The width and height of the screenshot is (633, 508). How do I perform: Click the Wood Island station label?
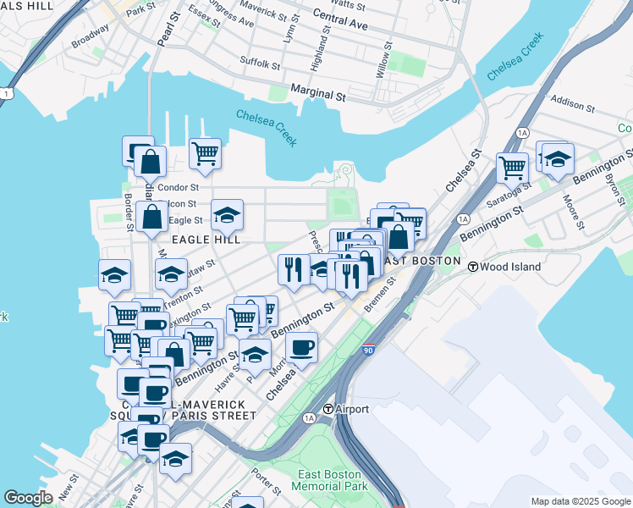click(x=509, y=266)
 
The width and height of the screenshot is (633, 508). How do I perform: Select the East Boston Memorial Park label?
click(x=326, y=480)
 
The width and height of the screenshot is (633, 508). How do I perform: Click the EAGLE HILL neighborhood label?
click(x=202, y=240)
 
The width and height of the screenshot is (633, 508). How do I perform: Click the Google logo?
click(x=28, y=498)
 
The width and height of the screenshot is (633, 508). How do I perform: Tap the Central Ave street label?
click(x=340, y=20)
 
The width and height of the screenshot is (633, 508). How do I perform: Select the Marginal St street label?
click(x=318, y=89)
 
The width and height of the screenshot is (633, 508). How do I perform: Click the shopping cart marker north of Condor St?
click(x=205, y=155)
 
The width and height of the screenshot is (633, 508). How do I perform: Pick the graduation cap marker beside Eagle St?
click(x=226, y=216)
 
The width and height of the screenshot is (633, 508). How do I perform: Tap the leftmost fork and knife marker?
click(x=293, y=270)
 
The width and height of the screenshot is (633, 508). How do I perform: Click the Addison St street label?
click(x=572, y=103)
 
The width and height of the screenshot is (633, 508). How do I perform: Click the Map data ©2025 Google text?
click(x=580, y=501)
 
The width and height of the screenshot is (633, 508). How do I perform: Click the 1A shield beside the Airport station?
click(x=309, y=418)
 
